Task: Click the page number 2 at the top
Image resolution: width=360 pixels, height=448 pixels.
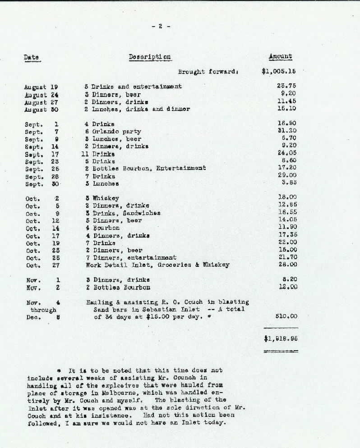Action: tap(161, 26)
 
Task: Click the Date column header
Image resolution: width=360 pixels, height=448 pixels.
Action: tap(31, 57)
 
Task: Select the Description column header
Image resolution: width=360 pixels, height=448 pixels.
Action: tap(150, 57)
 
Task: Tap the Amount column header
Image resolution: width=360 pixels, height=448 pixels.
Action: tap(280, 57)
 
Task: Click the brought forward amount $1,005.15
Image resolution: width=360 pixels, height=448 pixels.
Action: tap(278, 71)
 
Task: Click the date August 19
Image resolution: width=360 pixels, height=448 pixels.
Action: tap(42, 86)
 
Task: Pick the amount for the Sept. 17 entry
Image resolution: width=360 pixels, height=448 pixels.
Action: tap(286, 154)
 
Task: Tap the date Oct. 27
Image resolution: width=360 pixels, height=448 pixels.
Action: tap(43, 265)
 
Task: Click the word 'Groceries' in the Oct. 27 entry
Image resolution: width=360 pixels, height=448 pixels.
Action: tap(171, 265)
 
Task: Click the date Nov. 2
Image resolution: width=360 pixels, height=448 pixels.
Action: tap(43, 287)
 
